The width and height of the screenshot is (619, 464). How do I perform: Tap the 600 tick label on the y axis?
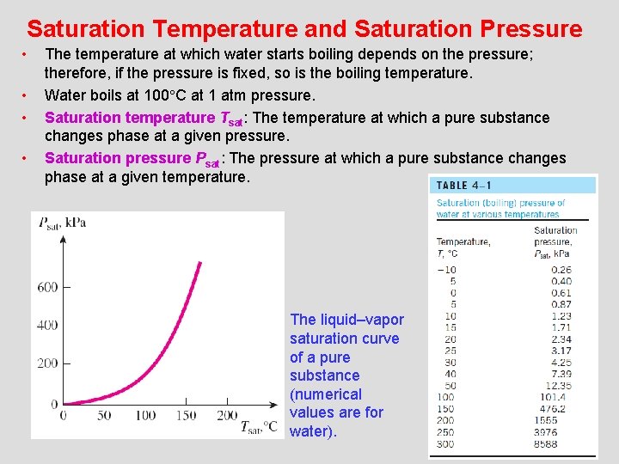point(47,287)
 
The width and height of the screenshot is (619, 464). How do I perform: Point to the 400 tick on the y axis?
point(47,326)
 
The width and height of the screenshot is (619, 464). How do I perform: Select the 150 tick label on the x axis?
point(187,416)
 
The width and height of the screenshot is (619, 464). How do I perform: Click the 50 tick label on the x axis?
point(104,416)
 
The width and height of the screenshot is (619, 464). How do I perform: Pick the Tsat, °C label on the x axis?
point(257,425)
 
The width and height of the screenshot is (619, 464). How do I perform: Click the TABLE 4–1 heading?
point(464,186)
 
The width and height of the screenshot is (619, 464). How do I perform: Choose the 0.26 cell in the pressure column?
point(561,269)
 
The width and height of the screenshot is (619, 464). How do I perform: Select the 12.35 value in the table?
point(558,385)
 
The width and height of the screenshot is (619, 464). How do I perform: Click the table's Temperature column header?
point(463,242)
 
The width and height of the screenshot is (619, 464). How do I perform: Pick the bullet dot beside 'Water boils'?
point(26,95)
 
